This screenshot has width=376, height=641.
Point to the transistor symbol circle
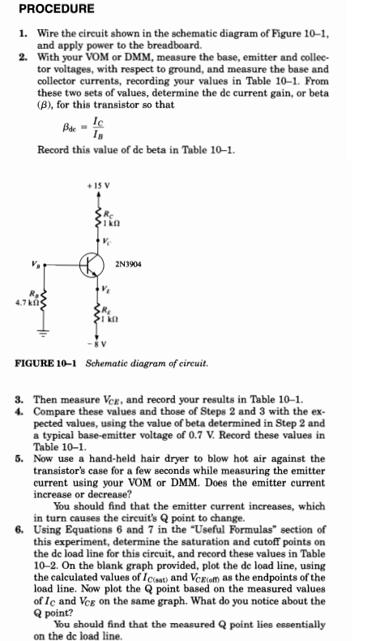(x=91, y=265)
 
